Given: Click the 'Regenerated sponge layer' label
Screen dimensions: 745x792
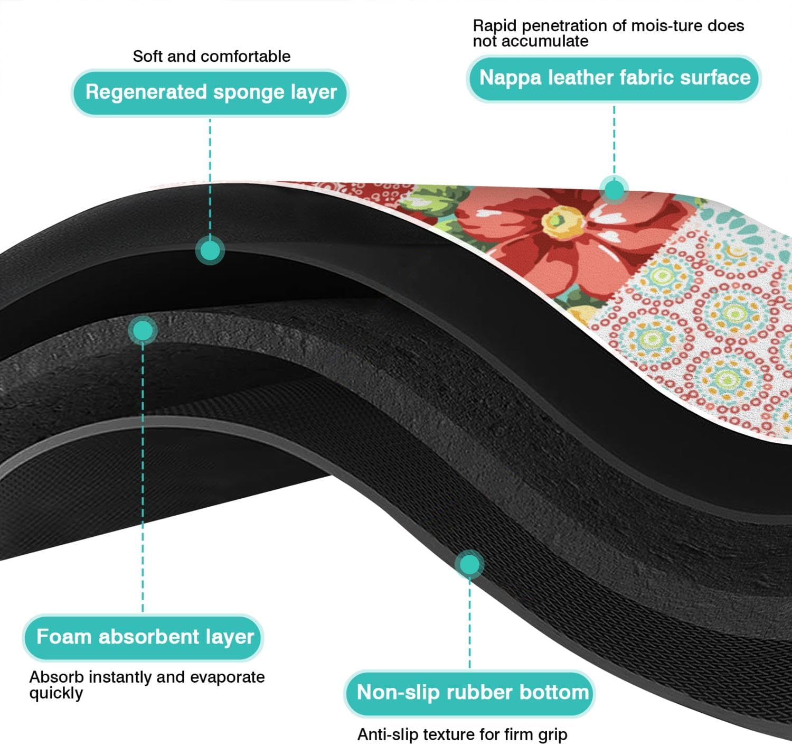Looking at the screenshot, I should pos(210,92).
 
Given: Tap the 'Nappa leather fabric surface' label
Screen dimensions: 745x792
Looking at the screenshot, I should pos(614,78).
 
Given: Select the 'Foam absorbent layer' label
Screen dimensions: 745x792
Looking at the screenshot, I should pos(144,637).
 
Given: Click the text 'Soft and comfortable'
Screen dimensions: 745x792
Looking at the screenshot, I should pos(211,56).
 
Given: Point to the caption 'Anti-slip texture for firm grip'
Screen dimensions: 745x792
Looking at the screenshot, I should pos(462,734).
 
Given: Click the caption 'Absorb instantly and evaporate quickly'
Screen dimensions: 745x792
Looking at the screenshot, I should pos(146,684).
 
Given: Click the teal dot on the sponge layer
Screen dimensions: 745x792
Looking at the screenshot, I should pos(210,250).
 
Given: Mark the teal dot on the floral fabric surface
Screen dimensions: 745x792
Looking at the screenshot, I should pos(614,189).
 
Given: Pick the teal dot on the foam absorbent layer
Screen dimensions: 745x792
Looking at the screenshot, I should pos(143,331).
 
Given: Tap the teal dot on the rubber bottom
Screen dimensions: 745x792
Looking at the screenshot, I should pos(469,564).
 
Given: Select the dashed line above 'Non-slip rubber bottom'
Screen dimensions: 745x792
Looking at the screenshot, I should pos(469,623).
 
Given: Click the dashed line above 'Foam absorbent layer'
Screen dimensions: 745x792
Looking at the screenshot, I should pos(143,476).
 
